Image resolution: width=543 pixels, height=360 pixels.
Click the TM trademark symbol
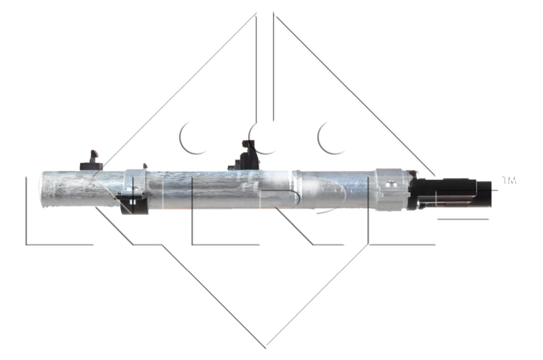(509, 180)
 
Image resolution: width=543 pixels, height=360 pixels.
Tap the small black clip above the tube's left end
(91, 161)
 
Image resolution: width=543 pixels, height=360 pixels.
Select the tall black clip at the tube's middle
(248, 154)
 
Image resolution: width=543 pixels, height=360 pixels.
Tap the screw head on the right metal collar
(390, 183)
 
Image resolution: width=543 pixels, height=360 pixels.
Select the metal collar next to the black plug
(394, 189)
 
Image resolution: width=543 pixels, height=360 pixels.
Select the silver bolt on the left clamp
(131, 182)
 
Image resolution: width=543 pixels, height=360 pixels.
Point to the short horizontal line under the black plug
(462, 219)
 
